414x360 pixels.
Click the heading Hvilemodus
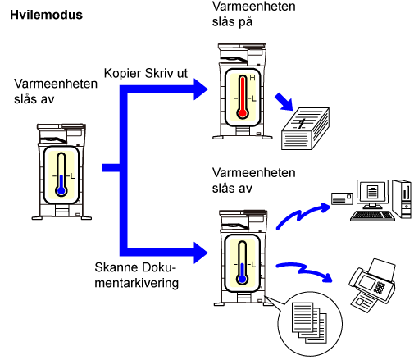(x=46, y=15)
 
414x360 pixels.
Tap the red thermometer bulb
(x=243, y=113)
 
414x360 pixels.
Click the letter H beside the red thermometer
(x=252, y=78)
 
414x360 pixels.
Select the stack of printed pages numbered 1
(x=305, y=129)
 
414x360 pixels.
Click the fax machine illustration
(x=372, y=285)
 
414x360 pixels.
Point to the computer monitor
(x=372, y=194)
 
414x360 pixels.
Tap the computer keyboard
(x=372, y=216)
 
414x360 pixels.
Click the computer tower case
(x=402, y=198)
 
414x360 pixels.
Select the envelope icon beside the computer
(x=342, y=198)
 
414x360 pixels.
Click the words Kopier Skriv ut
(x=146, y=73)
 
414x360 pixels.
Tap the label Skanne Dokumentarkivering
(x=136, y=275)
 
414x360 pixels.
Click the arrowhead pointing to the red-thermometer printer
(x=201, y=89)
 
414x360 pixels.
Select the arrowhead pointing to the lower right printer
(x=201, y=253)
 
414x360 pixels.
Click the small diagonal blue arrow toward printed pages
(x=284, y=102)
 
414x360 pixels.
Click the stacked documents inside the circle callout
(x=309, y=322)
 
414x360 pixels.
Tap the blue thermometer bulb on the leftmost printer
(x=61, y=190)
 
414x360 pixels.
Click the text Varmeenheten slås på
(x=253, y=14)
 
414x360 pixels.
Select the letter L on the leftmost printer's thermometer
(x=72, y=176)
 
